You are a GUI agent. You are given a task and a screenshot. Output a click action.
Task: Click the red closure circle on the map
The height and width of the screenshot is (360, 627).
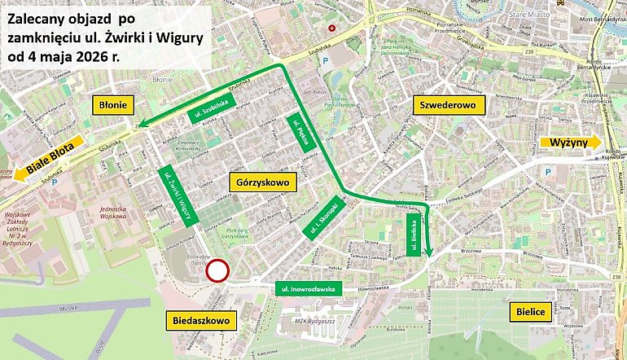(x=217, y=271)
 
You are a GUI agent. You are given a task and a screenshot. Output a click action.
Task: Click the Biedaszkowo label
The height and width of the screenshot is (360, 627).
(x=201, y=321)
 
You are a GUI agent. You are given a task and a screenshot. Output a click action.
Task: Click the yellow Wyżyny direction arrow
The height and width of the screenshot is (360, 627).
(x=570, y=143)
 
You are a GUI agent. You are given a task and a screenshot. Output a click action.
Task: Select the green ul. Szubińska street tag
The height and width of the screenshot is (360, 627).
(x=210, y=106)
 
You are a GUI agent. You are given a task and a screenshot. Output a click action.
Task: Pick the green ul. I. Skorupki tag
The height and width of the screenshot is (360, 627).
(x=323, y=218)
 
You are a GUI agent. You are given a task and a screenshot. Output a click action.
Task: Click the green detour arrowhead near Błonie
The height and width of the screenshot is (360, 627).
(x=141, y=125)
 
